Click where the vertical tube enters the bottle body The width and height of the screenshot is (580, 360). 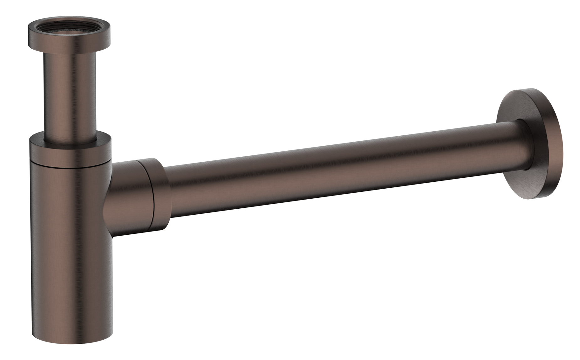point(71,143)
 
